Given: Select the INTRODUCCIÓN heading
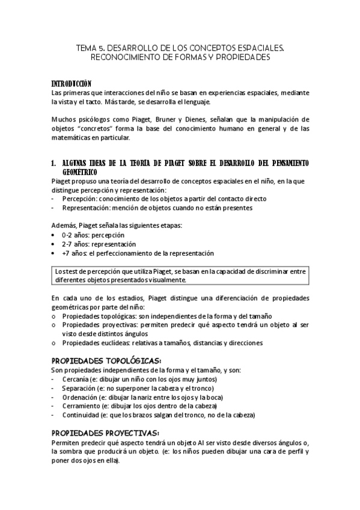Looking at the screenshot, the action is point(72,83).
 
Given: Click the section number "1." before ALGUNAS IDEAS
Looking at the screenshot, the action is point(54,164).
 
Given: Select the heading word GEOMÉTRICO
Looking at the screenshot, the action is point(84,172).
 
